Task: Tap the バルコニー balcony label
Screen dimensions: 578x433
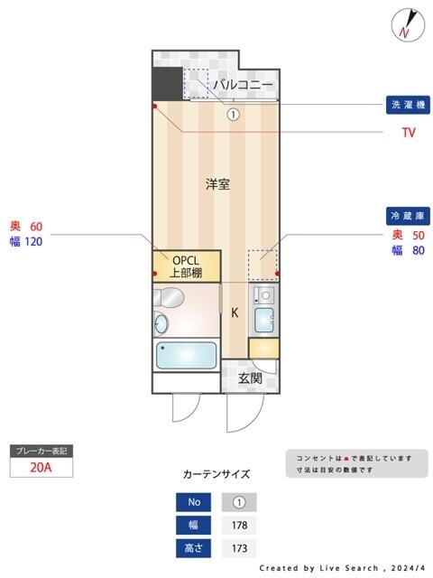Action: point(243,85)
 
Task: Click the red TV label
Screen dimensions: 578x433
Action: point(408,132)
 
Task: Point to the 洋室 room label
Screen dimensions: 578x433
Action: point(216,184)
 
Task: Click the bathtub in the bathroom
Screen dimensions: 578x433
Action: point(187,355)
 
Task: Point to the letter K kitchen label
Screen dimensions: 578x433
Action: point(235,313)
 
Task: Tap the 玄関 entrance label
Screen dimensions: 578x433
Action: point(250,378)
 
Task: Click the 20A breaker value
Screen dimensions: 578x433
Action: point(40,467)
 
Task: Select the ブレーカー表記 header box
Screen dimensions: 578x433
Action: point(40,450)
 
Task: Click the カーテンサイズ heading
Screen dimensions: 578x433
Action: point(216,473)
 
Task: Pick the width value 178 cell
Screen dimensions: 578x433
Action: point(239,525)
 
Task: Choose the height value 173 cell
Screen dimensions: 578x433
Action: point(239,548)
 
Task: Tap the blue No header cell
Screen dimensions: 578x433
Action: point(193,502)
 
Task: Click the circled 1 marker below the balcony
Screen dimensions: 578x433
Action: point(233,115)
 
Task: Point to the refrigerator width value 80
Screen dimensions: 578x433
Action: point(418,250)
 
